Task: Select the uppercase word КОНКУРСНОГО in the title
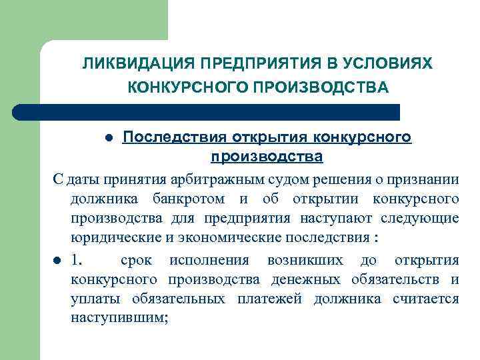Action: pos(174,87)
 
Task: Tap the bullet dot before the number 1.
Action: pos(57,260)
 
